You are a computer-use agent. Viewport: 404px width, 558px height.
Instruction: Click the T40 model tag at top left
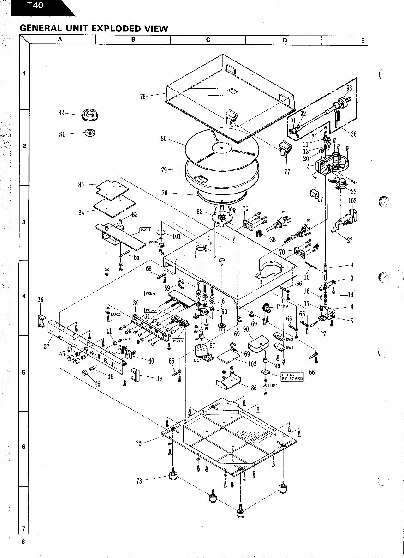pyautogui.click(x=35, y=6)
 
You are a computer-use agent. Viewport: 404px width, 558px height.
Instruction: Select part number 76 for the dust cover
pyautogui.click(x=143, y=97)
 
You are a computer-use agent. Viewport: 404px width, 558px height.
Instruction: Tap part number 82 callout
pyautogui.click(x=61, y=113)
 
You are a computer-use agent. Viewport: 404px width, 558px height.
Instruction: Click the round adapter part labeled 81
pyautogui.click(x=90, y=133)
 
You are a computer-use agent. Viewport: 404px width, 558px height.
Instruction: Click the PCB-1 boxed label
pyautogui.click(x=146, y=230)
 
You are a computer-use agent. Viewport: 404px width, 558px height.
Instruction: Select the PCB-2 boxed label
pyautogui.click(x=151, y=293)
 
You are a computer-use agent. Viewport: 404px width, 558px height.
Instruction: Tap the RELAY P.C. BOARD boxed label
pyautogui.click(x=292, y=376)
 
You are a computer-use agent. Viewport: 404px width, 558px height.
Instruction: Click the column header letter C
pyautogui.click(x=208, y=40)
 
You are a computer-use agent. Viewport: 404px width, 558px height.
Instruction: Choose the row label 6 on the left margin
pyautogui.click(x=24, y=446)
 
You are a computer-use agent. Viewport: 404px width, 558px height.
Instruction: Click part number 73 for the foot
pyautogui.click(x=139, y=481)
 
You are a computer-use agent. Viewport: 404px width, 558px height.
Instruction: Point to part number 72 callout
pyautogui.click(x=139, y=443)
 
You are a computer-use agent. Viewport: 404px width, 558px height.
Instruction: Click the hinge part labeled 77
pyautogui.click(x=287, y=171)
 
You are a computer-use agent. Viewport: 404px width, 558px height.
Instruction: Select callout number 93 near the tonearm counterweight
pyautogui.click(x=349, y=88)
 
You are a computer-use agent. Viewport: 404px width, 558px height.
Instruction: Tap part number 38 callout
pyautogui.click(x=40, y=299)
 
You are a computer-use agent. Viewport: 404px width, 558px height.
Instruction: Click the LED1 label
pyautogui.click(x=127, y=339)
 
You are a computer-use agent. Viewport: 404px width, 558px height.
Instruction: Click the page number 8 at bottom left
pyautogui.click(x=23, y=542)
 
